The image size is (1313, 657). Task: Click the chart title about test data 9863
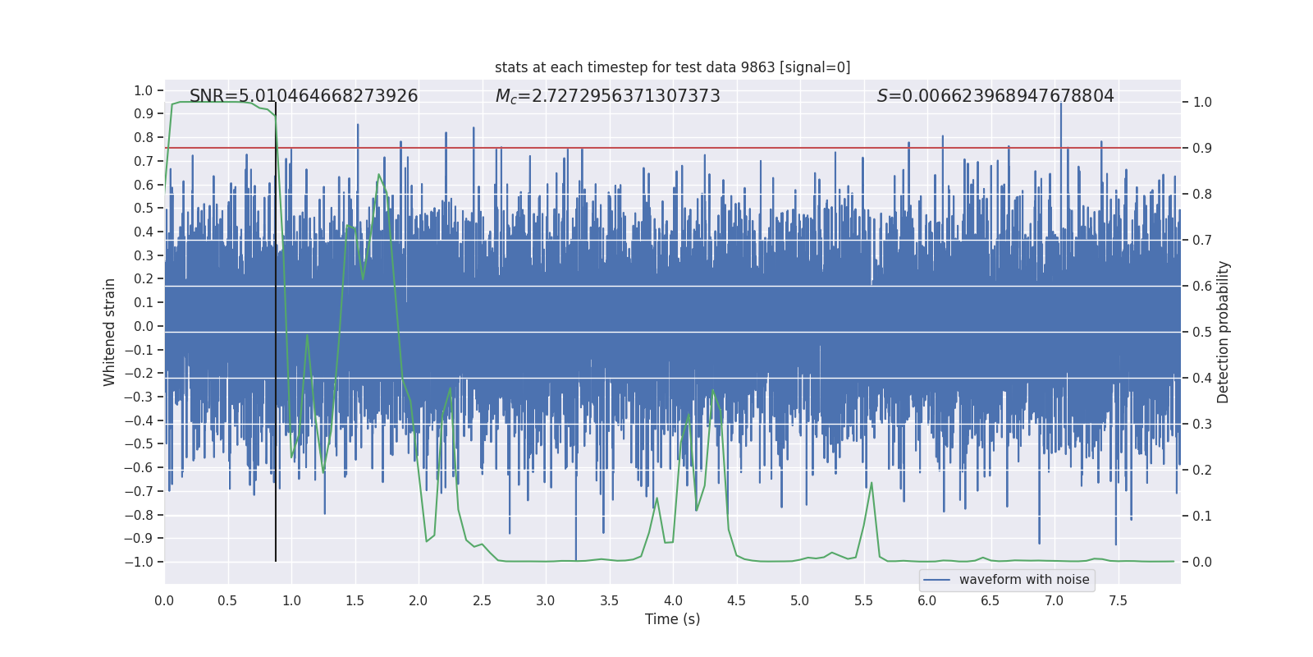(672, 67)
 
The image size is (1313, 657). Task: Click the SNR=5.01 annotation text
(304, 96)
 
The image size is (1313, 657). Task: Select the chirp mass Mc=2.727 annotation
(607, 96)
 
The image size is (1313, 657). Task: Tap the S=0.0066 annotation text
(995, 96)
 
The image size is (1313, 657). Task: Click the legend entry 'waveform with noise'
(1024, 580)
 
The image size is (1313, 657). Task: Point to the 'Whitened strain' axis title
(110, 332)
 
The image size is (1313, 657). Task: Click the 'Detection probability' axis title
(1224, 332)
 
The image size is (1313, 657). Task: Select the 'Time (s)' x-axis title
(672, 619)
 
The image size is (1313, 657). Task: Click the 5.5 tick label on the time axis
(863, 600)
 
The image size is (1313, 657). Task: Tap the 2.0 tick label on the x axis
(419, 600)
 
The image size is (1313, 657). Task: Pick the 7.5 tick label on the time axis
(1118, 600)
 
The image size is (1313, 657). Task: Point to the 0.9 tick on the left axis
(144, 114)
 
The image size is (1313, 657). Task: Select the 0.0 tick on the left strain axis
(144, 326)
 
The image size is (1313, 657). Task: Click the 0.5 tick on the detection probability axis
(1202, 332)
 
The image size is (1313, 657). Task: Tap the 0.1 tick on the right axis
(1202, 516)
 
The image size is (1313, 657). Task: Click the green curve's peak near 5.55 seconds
(872, 483)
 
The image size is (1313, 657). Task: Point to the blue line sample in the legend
(936, 580)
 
